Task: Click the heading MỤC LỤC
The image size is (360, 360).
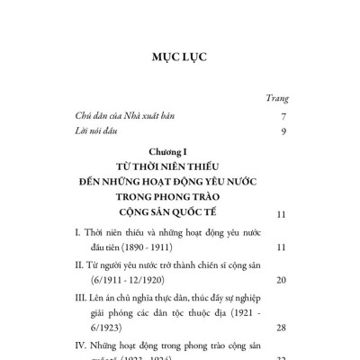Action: [x=180, y=56]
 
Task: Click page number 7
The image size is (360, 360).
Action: [x=283, y=116]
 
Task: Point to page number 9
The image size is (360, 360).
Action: [x=283, y=133]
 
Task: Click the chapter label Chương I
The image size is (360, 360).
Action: [x=179, y=151]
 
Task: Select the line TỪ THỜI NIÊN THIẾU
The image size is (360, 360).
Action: [x=179, y=166]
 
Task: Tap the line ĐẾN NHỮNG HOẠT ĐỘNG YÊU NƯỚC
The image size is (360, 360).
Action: [x=179, y=183]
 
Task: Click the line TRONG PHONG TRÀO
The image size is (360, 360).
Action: [x=179, y=199]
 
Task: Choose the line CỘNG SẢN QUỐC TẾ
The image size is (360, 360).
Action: [x=179, y=215]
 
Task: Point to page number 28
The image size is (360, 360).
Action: [x=280, y=328]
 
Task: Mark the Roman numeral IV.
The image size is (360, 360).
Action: [x=79, y=345]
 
